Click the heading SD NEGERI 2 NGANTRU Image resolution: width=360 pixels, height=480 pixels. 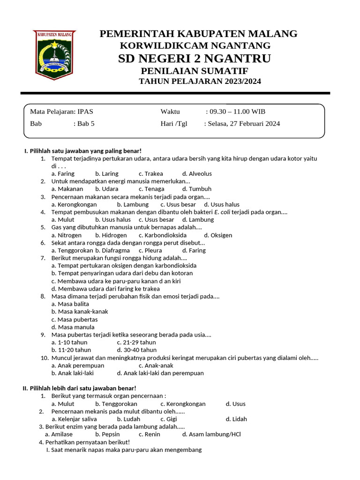coord(195,59)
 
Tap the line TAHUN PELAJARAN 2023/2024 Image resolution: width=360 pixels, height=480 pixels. coord(200,82)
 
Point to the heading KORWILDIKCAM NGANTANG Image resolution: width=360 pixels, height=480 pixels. coord(195,45)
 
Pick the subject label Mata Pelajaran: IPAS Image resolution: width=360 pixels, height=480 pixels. coord(61,112)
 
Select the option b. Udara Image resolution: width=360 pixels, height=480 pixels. coord(106,189)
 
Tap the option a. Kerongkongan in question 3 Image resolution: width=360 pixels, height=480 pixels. coord(74,204)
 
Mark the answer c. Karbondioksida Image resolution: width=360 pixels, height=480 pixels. coord(163,235)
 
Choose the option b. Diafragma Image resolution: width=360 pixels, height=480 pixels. coord(112,250)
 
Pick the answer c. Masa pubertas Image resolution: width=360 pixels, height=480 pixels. coord(75,320)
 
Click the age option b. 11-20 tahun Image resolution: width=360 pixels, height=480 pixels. coord(71,350)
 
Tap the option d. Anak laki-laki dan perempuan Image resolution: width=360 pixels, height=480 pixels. coord(160,373)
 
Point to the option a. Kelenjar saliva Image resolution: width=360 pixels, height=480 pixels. coord(74,419)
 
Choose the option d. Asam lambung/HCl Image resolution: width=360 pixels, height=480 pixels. coord(211,434)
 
